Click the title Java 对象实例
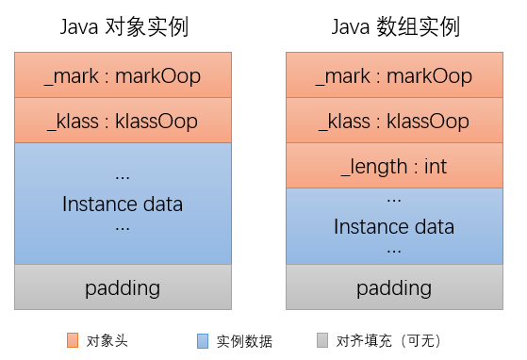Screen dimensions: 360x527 click(123, 27)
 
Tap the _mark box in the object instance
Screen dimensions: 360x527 click(123, 75)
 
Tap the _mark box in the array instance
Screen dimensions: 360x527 click(394, 75)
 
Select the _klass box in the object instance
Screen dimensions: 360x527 click(123, 121)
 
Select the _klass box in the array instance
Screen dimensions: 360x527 click(394, 121)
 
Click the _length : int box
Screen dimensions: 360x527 click(394, 167)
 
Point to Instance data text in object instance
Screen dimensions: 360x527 click(123, 204)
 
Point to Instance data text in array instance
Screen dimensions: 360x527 click(394, 227)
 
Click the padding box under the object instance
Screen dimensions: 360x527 click(123, 287)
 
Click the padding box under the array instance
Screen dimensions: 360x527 click(394, 287)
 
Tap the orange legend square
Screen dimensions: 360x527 click(73, 339)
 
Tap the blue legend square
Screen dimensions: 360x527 click(203, 339)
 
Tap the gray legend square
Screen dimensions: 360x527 click(323, 339)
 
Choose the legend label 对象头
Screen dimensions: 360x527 click(106, 340)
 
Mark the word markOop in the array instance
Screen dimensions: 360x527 click(431, 75)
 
